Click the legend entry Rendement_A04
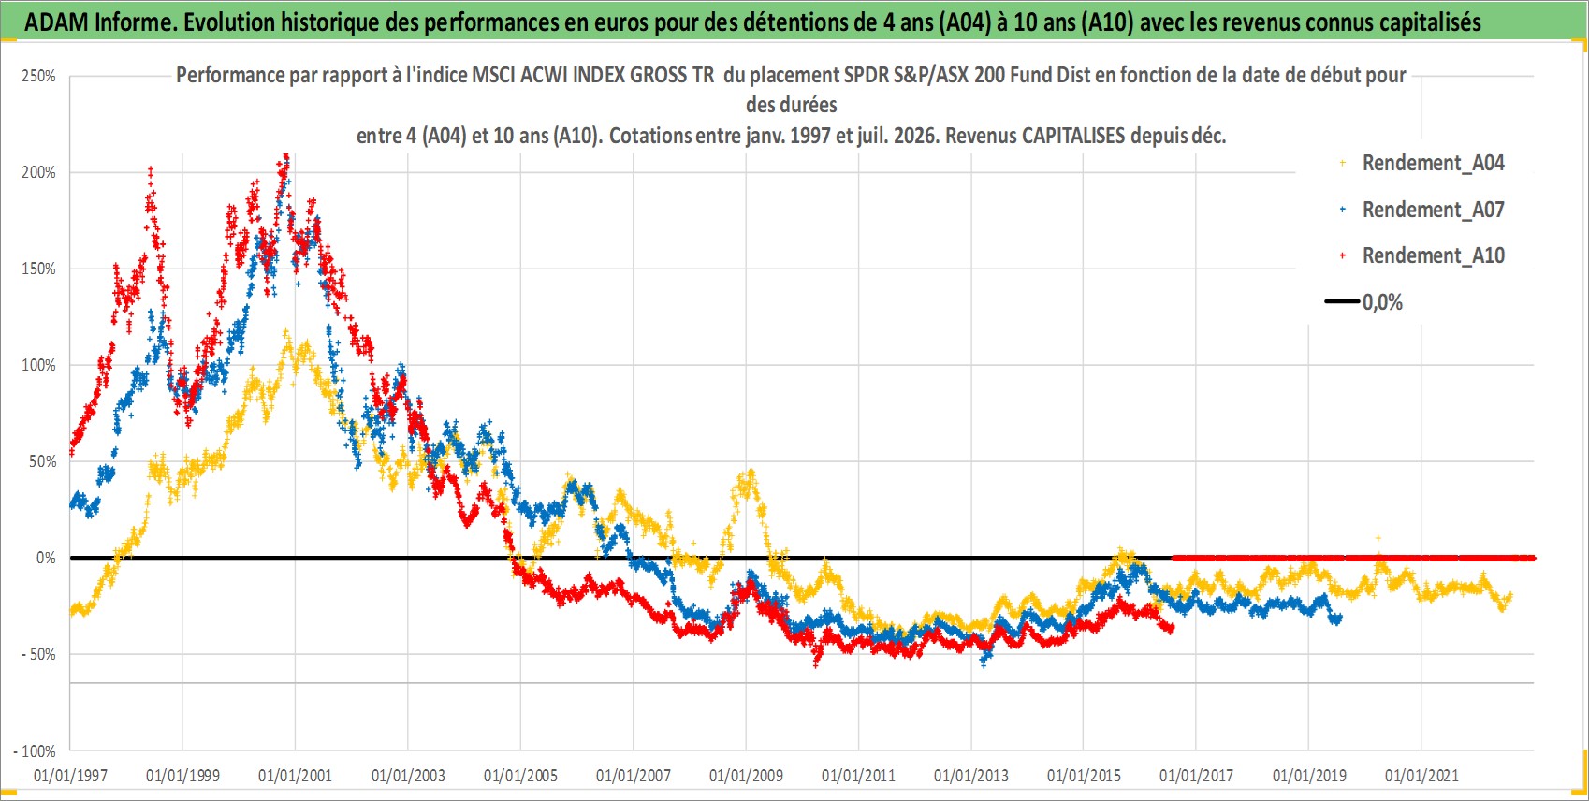[1433, 163]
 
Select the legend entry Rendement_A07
[1433, 210]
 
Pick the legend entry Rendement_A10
[1433, 255]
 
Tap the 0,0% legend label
[1382, 302]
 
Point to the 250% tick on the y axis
[38, 77]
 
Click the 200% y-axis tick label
[38, 172]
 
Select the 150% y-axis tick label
[38, 269]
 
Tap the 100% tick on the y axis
[38, 365]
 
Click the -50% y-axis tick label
[38, 654]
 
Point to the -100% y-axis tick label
[35, 750]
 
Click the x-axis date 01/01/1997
[70, 776]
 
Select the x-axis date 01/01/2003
[408, 776]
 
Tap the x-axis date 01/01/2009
[746, 776]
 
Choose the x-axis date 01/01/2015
[1084, 776]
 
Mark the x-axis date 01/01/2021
[1421, 776]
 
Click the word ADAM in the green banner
[57, 22]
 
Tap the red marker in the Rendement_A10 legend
[1342, 255]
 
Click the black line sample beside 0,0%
[1342, 301]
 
